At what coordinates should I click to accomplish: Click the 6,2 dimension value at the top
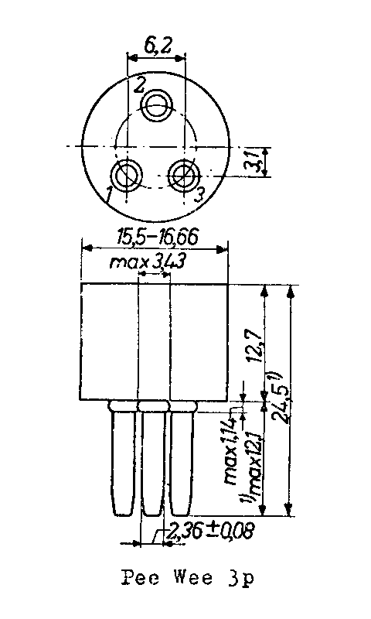(x=158, y=46)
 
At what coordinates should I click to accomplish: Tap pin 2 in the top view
(x=157, y=105)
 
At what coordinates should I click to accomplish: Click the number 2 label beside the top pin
(x=140, y=85)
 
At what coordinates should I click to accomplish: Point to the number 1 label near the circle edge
(x=108, y=195)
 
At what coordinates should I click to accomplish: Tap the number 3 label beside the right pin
(x=200, y=194)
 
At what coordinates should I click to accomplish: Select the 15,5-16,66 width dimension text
(x=158, y=238)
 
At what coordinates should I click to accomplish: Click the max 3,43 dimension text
(x=148, y=262)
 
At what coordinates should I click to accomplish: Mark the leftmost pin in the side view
(x=124, y=459)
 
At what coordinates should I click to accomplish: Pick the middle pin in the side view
(x=154, y=459)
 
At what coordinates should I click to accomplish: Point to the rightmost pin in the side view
(x=182, y=459)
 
